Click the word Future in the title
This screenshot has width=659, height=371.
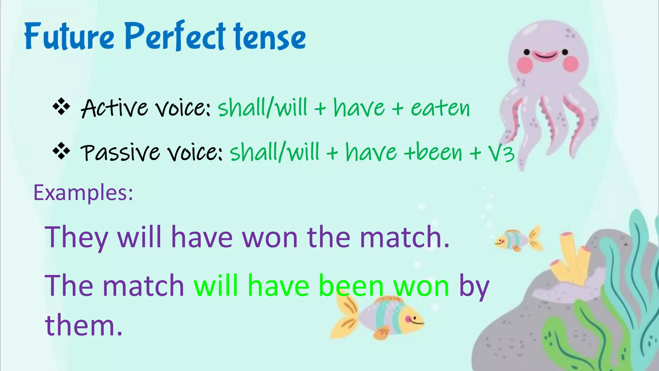(x=69, y=36)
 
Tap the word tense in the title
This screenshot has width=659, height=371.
(x=270, y=37)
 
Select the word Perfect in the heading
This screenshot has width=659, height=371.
(x=175, y=36)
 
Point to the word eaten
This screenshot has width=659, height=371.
(x=440, y=108)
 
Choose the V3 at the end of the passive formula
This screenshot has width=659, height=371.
(x=501, y=153)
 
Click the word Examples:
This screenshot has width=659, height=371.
(x=83, y=193)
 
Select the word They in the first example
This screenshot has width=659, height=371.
(x=76, y=238)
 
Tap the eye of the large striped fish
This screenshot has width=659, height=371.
(x=408, y=319)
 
